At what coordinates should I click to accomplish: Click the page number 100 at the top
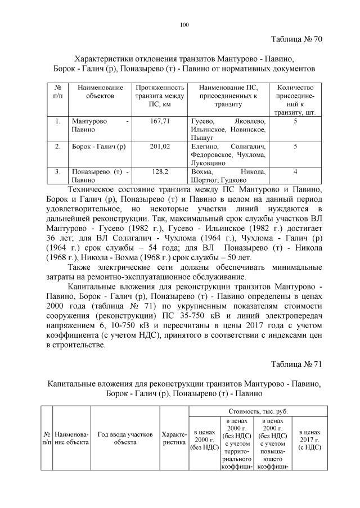click(183, 24)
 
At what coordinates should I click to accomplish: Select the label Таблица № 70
click(296, 39)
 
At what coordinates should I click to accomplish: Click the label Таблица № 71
click(296, 364)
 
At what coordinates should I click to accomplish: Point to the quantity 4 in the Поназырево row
click(295, 172)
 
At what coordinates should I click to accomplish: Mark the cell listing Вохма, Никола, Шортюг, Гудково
click(228, 176)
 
